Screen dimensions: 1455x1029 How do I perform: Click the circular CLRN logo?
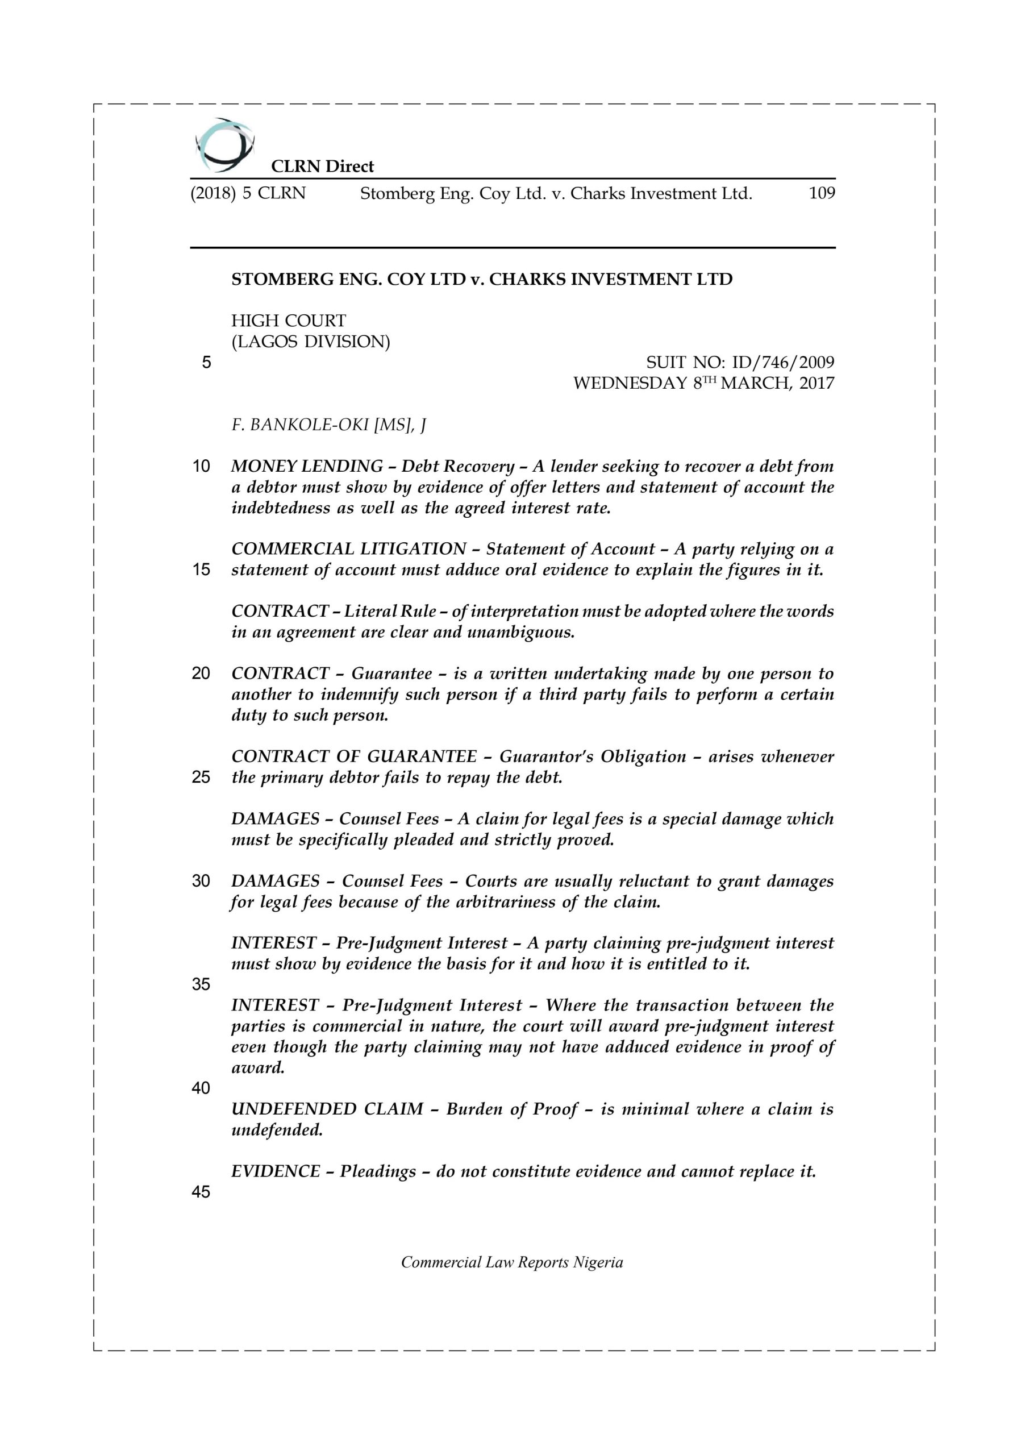tap(225, 145)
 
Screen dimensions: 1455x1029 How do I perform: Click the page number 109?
tap(822, 193)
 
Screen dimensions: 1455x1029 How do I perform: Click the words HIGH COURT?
tap(288, 321)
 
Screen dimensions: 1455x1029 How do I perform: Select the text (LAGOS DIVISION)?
tap(310, 342)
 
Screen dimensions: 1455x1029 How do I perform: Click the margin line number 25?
tap(201, 777)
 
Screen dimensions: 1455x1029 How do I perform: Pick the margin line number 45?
tap(201, 1192)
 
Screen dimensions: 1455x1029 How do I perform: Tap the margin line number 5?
tap(206, 363)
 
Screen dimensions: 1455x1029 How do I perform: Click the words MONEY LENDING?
tap(307, 467)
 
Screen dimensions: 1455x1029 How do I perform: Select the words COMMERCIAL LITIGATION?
tap(348, 549)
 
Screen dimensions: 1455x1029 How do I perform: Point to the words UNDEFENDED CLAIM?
tap(327, 1109)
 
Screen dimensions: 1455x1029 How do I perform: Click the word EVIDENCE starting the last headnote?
tap(276, 1171)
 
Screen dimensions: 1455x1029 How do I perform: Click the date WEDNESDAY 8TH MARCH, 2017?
tap(703, 384)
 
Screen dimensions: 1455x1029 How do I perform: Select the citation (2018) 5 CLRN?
tap(248, 193)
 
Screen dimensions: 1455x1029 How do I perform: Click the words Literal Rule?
tap(390, 612)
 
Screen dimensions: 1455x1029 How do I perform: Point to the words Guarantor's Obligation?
tap(593, 756)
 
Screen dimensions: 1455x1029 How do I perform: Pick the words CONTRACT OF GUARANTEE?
tap(353, 756)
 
